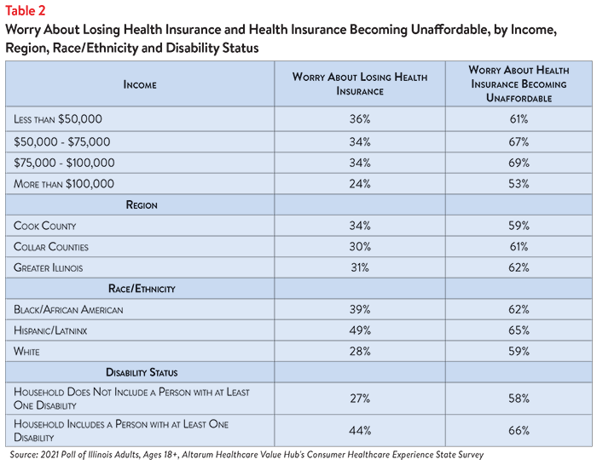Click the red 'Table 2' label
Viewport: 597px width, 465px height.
point(25,11)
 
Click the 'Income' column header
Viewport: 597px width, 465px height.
point(140,84)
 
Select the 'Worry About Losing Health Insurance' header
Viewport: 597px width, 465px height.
point(360,84)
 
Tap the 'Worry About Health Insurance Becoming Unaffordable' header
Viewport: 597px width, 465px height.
point(519,84)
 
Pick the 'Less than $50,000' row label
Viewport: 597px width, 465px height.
point(58,119)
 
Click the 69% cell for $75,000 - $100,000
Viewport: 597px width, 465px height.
point(519,163)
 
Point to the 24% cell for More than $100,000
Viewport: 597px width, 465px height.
point(360,184)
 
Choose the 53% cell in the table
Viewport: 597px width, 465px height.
point(519,184)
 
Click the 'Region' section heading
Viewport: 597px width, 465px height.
point(142,205)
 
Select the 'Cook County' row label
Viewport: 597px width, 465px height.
point(45,226)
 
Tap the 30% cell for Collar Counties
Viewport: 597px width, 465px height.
point(360,247)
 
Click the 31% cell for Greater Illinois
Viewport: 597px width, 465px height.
point(360,267)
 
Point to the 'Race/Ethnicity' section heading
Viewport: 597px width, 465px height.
point(142,289)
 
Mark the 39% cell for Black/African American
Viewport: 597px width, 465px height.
point(360,309)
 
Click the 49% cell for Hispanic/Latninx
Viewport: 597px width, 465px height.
point(360,330)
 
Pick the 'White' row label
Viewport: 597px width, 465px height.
point(26,352)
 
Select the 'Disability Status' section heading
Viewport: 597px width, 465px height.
point(142,372)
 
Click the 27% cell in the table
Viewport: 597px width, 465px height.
point(360,399)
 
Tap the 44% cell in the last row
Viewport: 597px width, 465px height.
point(360,430)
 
